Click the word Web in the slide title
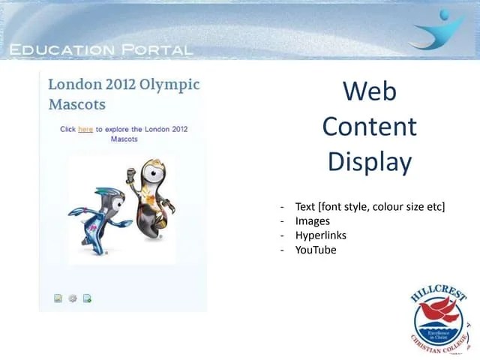(369, 91)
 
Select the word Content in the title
(369, 126)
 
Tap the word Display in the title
(369, 161)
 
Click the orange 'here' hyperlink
(85, 129)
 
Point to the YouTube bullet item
(316, 250)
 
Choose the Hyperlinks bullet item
(320, 235)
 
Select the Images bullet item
(313, 221)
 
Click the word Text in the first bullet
(305, 206)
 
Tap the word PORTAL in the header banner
(152, 50)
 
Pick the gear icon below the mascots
(73, 298)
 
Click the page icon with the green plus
(87, 298)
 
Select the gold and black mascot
(151, 199)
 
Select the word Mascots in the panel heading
(76, 104)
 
